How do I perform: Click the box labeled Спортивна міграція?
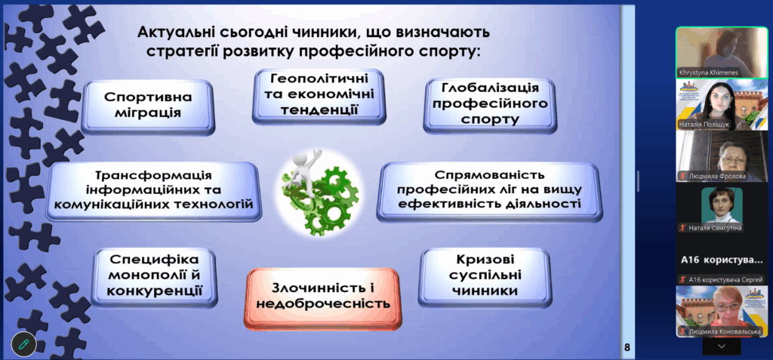click(148, 106)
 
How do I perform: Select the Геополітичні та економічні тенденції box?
click(319, 96)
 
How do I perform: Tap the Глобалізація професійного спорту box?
click(489, 105)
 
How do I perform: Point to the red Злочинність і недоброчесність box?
click(322, 298)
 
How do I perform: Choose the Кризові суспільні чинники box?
click(485, 276)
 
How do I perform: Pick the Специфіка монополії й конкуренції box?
click(154, 277)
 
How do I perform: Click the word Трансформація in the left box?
click(153, 176)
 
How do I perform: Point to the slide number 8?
click(627, 347)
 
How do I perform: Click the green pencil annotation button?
click(23, 343)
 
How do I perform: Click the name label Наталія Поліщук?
click(704, 124)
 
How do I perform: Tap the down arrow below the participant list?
click(722, 346)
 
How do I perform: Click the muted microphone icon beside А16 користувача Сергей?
click(682, 279)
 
